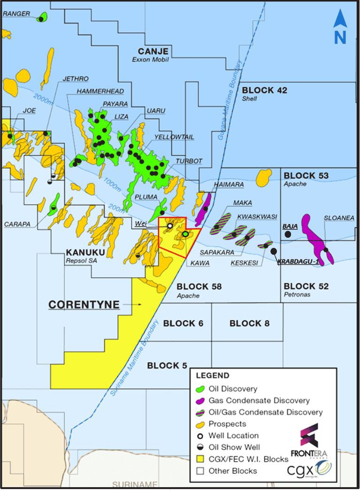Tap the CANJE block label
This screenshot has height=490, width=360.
pyautogui.click(x=153, y=51)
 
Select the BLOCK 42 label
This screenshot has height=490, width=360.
pyautogui.click(x=264, y=90)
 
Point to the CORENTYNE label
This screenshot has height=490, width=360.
pyautogui.click(x=84, y=305)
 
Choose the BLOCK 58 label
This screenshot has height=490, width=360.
pyautogui.click(x=199, y=286)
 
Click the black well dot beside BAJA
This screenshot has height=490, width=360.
pyautogui.click(x=288, y=234)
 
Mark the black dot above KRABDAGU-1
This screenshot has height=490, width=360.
pyautogui.click(x=274, y=251)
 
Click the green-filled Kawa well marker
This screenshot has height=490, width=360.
pyautogui.click(x=185, y=234)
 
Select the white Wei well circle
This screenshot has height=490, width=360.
pyautogui.click(x=170, y=226)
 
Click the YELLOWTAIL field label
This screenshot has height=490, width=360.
pyautogui.click(x=174, y=137)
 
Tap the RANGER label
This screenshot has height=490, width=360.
pyautogui.click(x=16, y=14)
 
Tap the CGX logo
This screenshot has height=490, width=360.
pyautogui.click(x=310, y=469)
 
